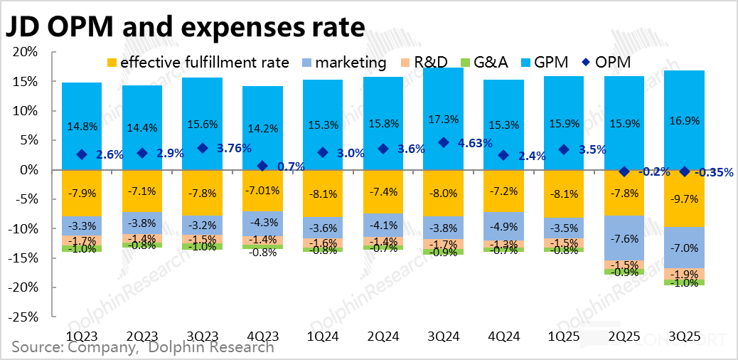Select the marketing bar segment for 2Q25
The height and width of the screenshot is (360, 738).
click(624, 238)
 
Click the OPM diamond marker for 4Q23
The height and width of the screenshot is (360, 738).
click(262, 166)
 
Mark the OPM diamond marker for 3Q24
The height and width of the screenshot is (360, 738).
click(444, 142)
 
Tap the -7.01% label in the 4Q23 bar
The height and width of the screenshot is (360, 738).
click(262, 190)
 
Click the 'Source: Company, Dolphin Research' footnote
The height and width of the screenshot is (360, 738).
click(142, 348)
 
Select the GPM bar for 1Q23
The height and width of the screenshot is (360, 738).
click(82, 107)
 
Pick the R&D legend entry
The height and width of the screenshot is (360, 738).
click(427, 63)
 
